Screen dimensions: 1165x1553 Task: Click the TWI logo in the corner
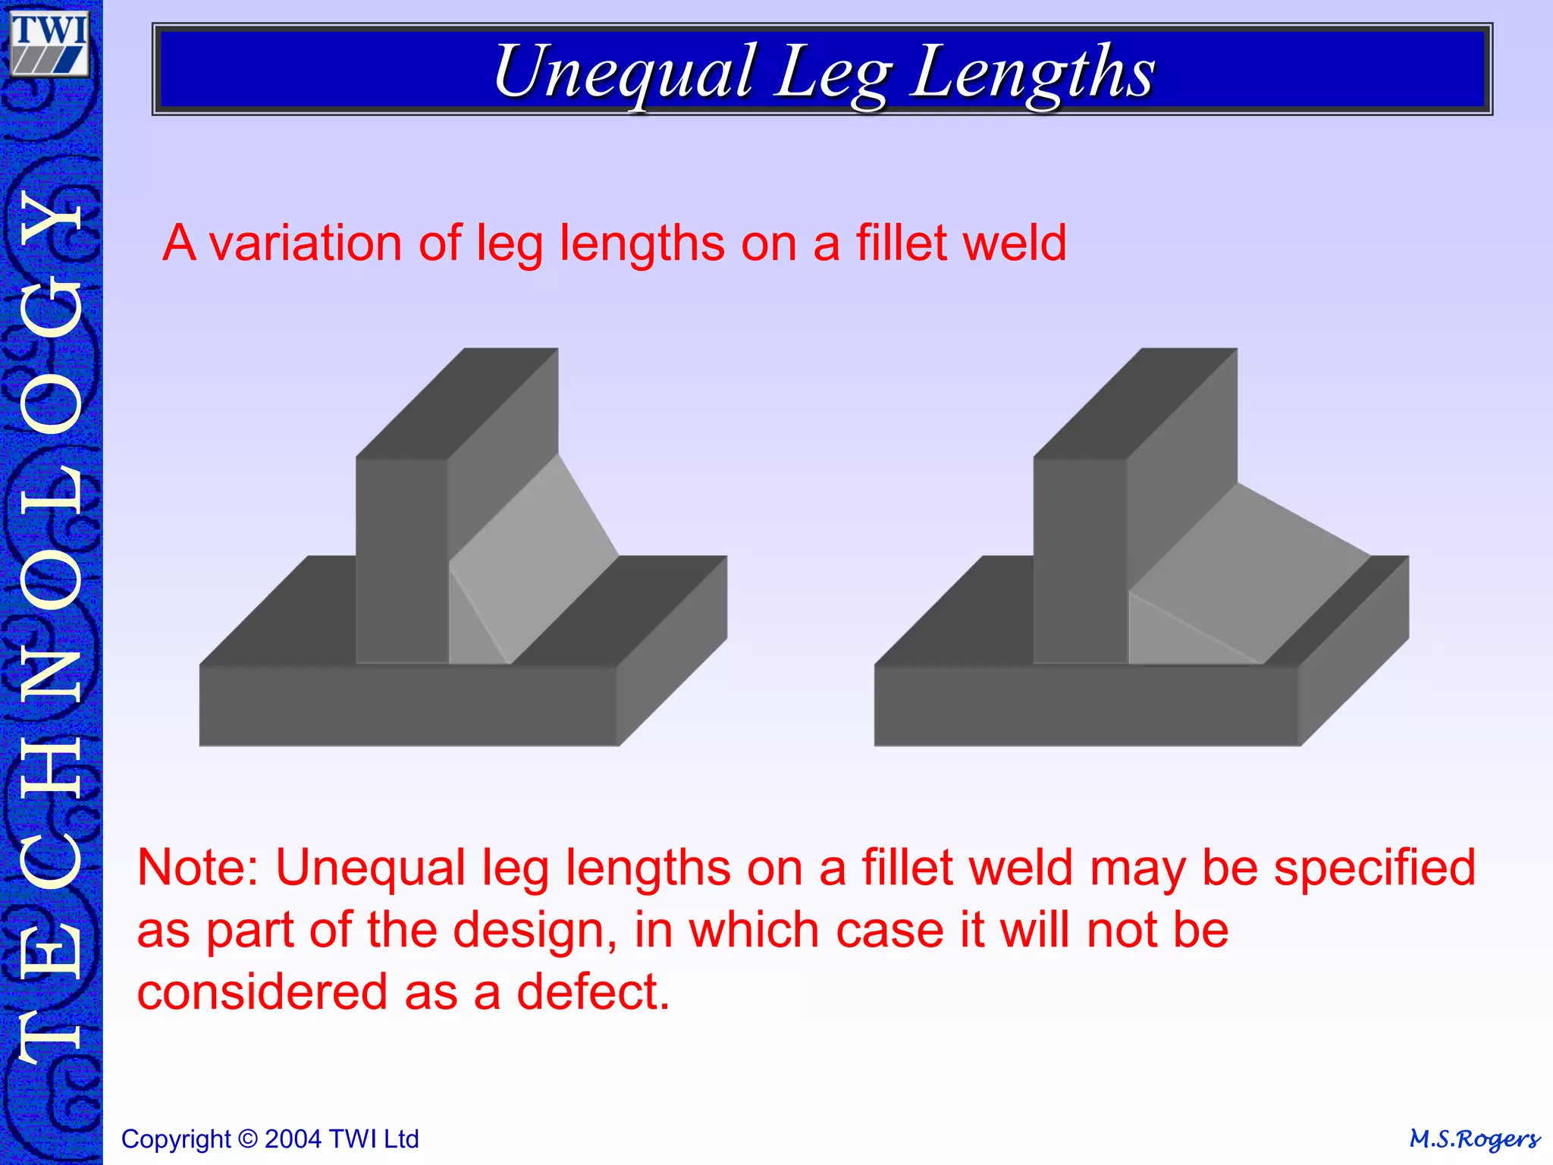(x=49, y=44)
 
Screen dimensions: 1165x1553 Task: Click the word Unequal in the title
(x=623, y=72)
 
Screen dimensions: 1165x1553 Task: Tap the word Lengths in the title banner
(x=1033, y=72)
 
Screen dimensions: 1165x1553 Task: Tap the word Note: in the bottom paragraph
(x=198, y=868)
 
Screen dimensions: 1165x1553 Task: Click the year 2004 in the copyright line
(x=294, y=1139)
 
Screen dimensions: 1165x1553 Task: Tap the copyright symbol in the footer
(x=247, y=1139)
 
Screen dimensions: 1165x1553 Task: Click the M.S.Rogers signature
(x=1474, y=1139)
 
